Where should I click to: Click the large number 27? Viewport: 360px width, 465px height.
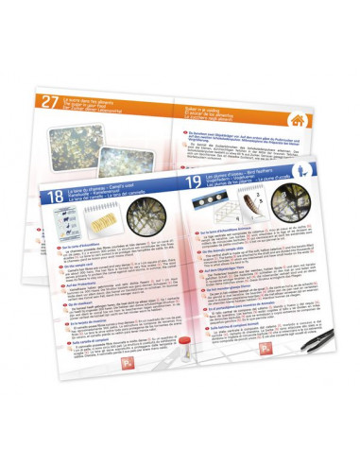pyautogui.click(x=46, y=105)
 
